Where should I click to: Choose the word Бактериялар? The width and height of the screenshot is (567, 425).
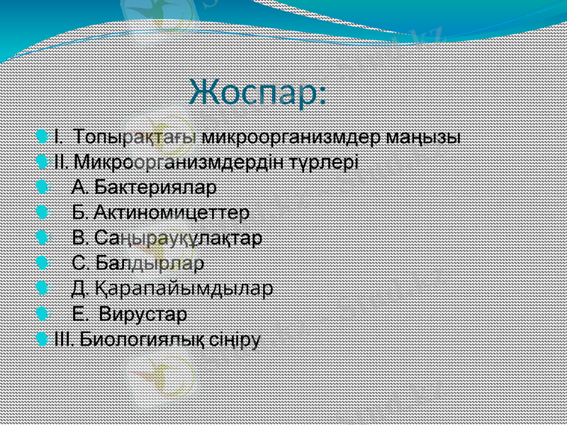point(156,187)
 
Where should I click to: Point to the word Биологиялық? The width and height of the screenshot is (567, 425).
point(142,339)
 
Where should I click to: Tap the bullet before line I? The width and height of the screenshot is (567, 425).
point(46,135)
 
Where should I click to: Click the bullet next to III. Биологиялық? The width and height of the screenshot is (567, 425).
point(46,338)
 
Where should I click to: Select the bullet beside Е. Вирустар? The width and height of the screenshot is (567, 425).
point(46,312)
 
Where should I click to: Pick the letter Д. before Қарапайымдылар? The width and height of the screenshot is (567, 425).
point(80,288)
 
